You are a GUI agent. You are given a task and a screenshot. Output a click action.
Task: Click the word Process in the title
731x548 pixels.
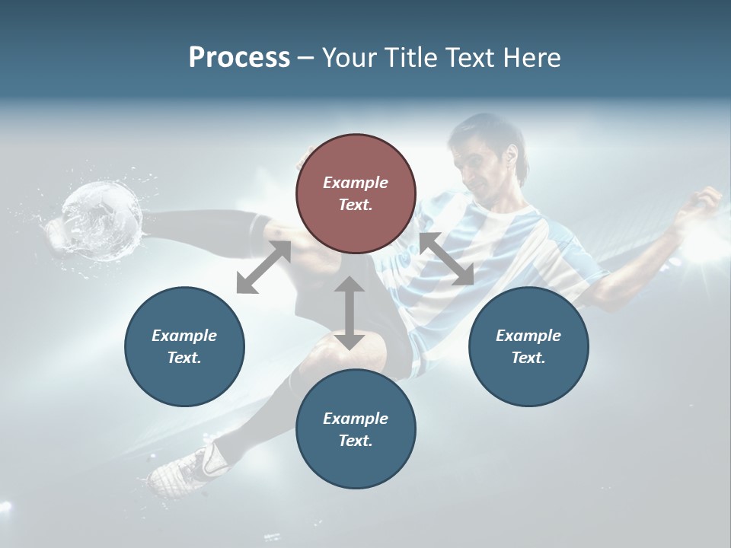239,58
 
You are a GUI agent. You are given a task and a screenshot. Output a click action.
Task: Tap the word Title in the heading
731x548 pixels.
413,58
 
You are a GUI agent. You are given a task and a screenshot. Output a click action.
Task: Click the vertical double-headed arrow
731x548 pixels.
350,313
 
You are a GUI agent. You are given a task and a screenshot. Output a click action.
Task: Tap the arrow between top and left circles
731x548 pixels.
263,267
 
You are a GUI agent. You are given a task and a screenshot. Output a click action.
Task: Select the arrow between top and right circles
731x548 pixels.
446,260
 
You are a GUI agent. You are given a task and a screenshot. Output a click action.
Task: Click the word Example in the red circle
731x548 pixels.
356,183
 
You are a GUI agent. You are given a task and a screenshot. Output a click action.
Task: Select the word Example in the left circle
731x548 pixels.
184,336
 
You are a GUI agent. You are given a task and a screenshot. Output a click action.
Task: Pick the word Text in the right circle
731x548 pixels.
527,358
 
